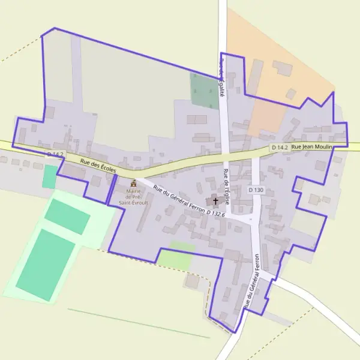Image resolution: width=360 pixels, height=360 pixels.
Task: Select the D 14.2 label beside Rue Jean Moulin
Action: pyautogui.click(x=280, y=147)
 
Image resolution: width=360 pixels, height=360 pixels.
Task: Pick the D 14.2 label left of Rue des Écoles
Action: pyautogui.click(x=55, y=155)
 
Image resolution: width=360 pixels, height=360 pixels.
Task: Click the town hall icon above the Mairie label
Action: pyautogui.click(x=133, y=182)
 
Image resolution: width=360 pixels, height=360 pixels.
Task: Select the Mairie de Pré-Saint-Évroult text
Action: pyautogui.click(x=133, y=196)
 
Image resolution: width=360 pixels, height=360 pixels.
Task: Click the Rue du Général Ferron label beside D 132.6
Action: pyautogui.click(x=179, y=197)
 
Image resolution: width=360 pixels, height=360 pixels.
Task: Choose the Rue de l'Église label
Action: pyautogui.click(x=226, y=191)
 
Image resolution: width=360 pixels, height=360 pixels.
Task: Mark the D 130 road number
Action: pyautogui.click(x=256, y=190)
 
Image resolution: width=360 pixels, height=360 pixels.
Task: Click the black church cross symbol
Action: pyautogui.click(x=216, y=201)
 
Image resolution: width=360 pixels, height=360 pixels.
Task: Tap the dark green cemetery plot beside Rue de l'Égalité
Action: pyautogui.click(x=203, y=90)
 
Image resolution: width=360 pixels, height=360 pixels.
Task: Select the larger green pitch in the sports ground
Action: pyautogui.click(x=45, y=263)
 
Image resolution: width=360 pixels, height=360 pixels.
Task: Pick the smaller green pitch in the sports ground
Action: pyautogui.click(x=67, y=216)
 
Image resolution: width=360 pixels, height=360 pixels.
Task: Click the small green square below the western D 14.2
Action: pyautogui.click(x=49, y=176)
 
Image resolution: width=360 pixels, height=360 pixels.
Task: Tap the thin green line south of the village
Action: pyautogui.click(x=138, y=323)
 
